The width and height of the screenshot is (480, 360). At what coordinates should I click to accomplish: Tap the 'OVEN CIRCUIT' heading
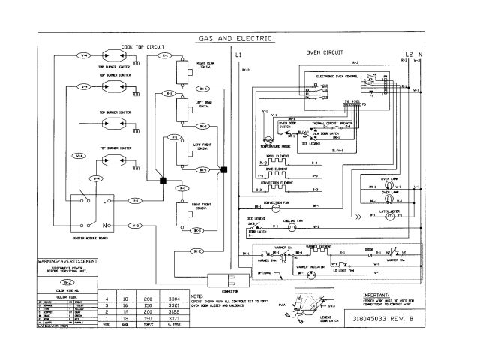[x=324, y=54]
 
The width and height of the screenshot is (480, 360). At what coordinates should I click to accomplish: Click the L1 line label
[x=238, y=56]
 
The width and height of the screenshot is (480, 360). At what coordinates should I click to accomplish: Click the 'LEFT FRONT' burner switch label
[x=202, y=144]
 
